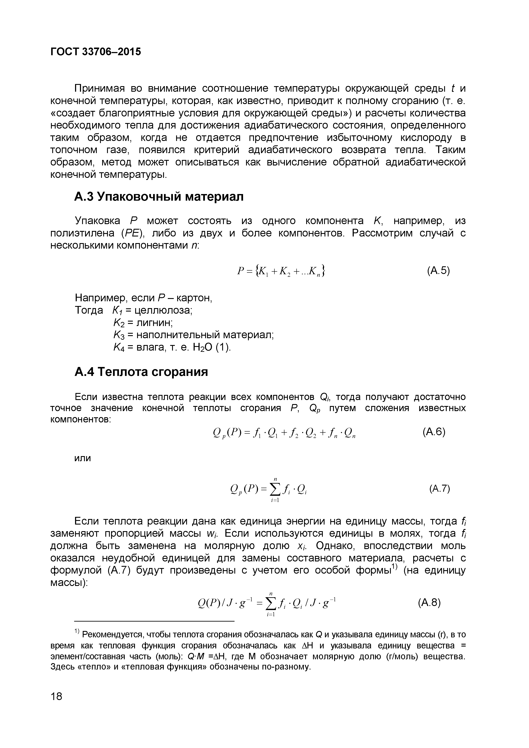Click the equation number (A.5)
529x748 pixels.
coord(438,271)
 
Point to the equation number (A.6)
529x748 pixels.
coord(433,432)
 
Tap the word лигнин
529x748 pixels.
coord(154,323)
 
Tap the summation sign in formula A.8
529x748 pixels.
coord(270,604)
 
